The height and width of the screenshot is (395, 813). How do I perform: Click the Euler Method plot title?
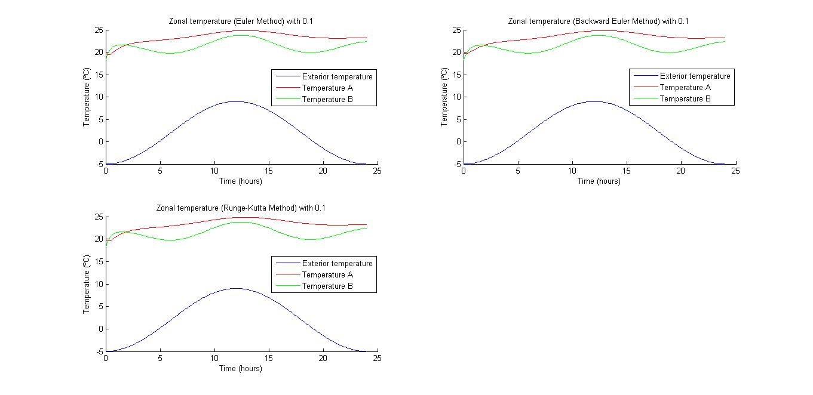(241, 21)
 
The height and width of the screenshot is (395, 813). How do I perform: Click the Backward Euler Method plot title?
(598, 21)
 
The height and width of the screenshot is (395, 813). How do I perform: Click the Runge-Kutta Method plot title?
(241, 208)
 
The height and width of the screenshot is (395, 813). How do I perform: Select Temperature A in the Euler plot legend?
(327, 88)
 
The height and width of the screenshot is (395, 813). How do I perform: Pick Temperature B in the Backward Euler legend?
(685, 99)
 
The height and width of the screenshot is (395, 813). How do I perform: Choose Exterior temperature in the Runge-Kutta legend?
(337, 264)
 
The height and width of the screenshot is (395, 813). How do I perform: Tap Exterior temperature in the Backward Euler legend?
(695, 76)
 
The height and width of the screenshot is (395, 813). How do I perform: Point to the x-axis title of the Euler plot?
(241, 181)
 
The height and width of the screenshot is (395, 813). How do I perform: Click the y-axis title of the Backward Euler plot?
(444, 97)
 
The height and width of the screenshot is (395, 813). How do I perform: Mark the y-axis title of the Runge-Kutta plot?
(86, 284)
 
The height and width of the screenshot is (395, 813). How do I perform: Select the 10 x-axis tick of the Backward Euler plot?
(572, 171)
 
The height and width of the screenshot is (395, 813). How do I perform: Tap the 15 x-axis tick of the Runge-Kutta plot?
(269, 359)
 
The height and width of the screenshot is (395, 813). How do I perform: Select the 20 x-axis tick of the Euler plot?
(323, 171)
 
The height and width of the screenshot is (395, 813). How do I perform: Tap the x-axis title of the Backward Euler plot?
(599, 181)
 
